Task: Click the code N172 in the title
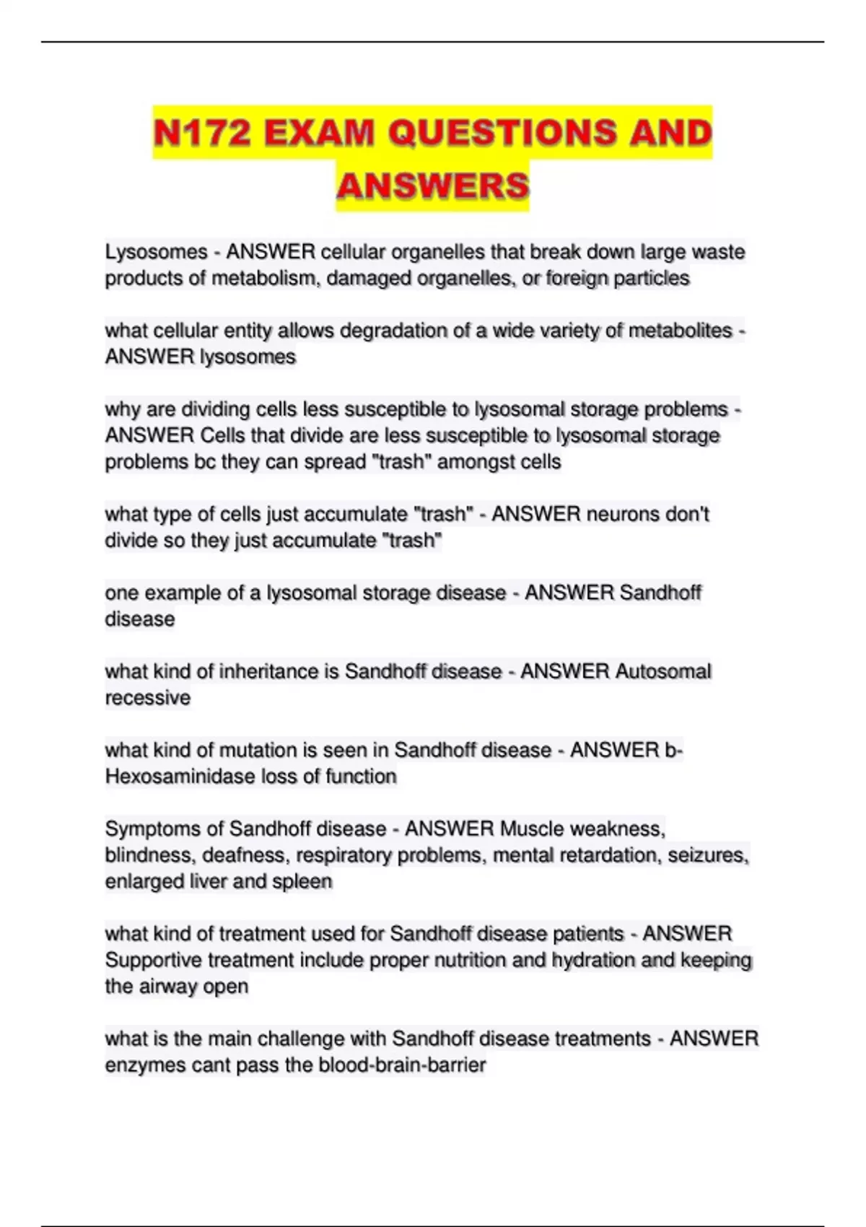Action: tap(202, 133)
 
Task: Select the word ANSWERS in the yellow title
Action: tap(432, 185)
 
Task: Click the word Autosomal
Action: tap(662, 671)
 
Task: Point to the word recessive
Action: tap(147, 698)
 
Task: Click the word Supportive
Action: tap(153, 960)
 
